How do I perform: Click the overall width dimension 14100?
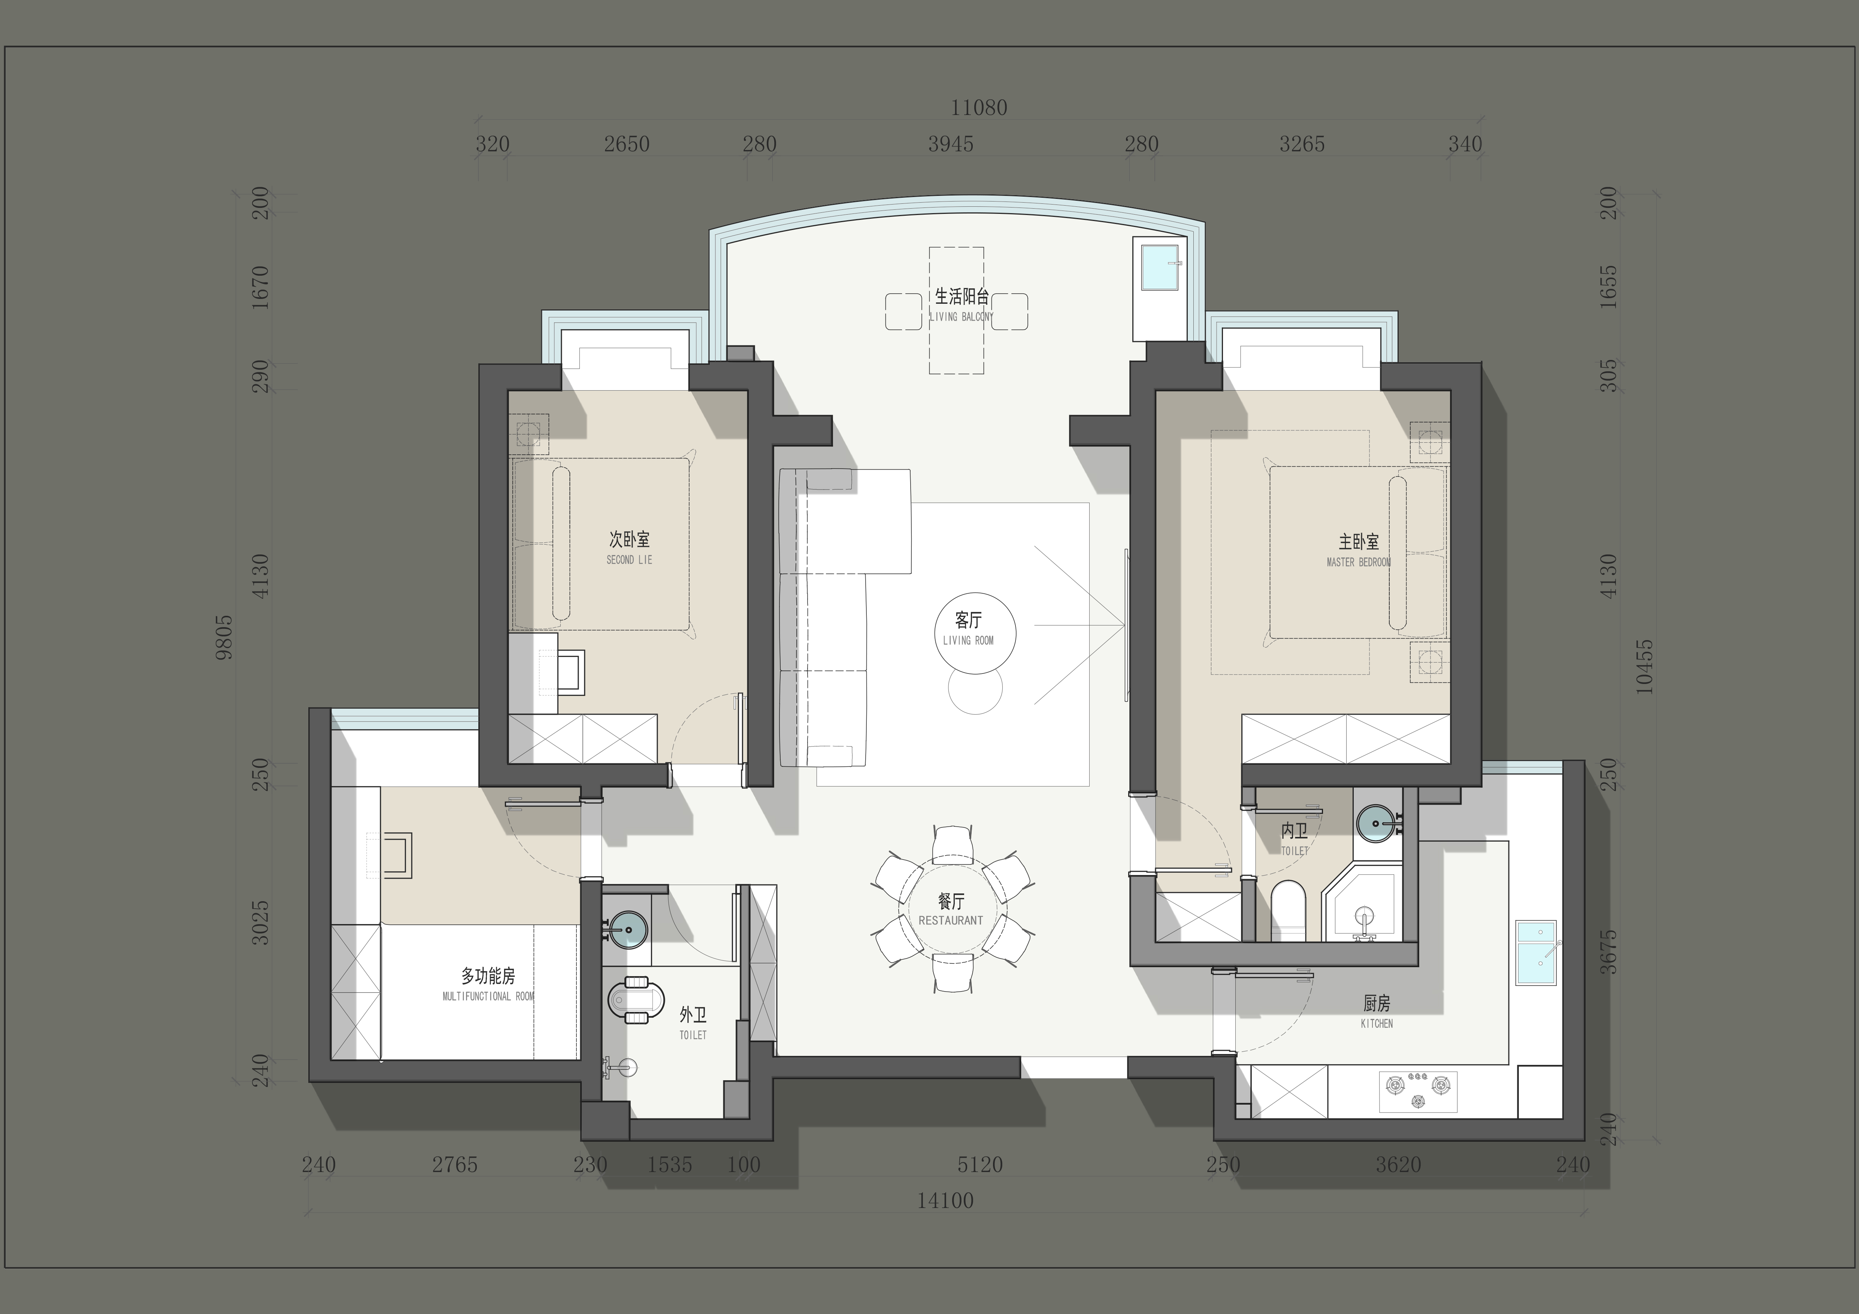pyautogui.click(x=945, y=1201)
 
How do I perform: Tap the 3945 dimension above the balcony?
pyautogui.click(x=951, y=144)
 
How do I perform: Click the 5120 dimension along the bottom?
pyautogui.click(x=980, y=1165)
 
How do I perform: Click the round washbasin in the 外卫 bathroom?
pyautogui.click(x=627, y=929)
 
